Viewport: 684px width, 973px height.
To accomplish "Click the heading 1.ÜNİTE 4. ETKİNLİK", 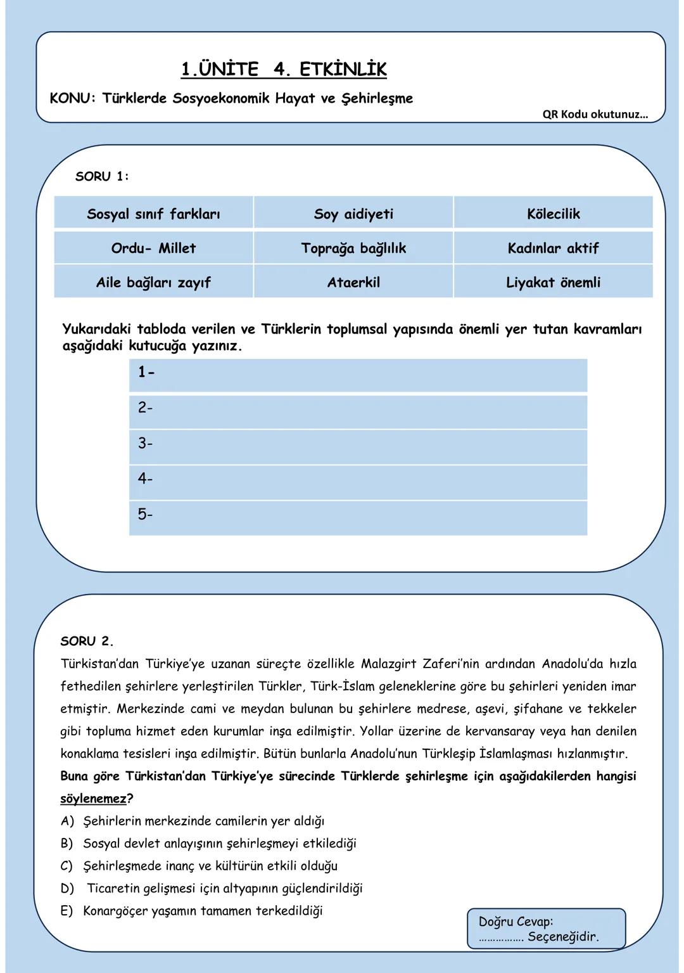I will pyautogui.click(x=283, y=69).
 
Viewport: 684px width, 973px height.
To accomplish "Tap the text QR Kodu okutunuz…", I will pyautogui.click(x=595, y=115).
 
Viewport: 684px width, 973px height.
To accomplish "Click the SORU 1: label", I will pyautogui.click(x=102, y=177).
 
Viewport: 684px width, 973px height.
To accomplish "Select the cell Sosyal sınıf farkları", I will pyautogui.click(x=153, y=214).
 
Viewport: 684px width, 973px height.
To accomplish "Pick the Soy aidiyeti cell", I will pyautogui.click(x=353, y=214).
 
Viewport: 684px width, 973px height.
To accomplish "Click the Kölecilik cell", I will pyautogui.click(x=553, y=214).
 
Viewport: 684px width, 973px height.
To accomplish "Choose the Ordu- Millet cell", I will pyautogui.click(x=153, y=248).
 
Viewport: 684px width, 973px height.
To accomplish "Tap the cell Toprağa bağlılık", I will pyautogui.click(x=353, y=248).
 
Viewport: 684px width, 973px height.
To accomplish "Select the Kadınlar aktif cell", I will pyautogui.click(x=553, y=248).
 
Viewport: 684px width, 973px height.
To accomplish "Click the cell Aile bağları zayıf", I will pyautogui.click(x=153, y=282).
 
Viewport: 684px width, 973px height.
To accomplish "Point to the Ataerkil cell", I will pyautogui.click(x=353, y=282).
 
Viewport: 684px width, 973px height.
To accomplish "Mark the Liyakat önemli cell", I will pyautogui.click(x=553, y=282).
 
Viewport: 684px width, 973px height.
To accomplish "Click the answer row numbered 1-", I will pyautogui.click(x=358, y=375).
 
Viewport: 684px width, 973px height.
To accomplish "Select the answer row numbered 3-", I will pyautogui.click(x=358, y=446).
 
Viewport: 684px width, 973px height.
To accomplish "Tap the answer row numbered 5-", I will pyautogui.click(x=358, y=517).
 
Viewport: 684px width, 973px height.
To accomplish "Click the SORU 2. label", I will pyautogui.click(x=87, y=641).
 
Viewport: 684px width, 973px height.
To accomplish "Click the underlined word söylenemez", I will pyautogui.click(x=93, y=799).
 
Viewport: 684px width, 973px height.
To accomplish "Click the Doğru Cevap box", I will pyautogui.click(x=546, y=929).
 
